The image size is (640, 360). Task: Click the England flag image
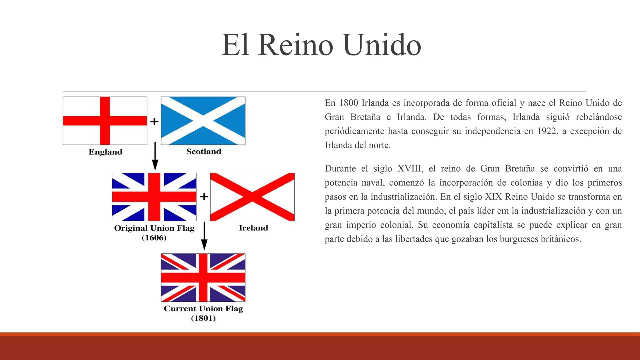[x=105, y=121]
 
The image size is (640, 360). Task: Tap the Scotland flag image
[x=203, y=121]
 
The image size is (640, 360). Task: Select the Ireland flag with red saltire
[x=252, y=197]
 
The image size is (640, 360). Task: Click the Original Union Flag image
[x=154, y=197]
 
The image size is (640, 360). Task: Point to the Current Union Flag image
[x=203, y=277]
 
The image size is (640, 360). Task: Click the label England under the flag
[x=105, y=152]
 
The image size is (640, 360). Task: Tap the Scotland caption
[x=204, y=152]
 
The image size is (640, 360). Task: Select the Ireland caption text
[x=253, y=228]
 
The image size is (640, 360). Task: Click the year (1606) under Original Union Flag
[x=154, y=238]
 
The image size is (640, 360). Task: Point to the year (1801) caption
[x=203, y=318]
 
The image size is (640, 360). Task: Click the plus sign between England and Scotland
[x=154, y=122]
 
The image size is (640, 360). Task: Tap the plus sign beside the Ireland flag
[x=204, y=197]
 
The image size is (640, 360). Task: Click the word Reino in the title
[x=295, y=45]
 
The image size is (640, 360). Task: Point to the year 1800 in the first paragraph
[x=348, y=103]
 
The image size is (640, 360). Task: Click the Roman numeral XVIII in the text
[x=410, y=169]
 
